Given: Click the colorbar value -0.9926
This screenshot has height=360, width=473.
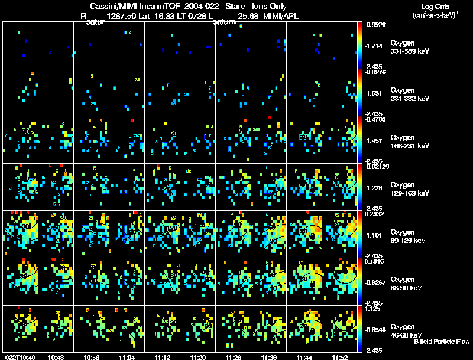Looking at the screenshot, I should pos(376,25).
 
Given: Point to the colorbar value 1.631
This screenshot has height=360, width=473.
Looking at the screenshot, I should pos(374,93).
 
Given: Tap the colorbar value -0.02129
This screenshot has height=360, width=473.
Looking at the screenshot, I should pos(377,168).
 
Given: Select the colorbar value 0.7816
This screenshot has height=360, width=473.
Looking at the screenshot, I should pos(375,262).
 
